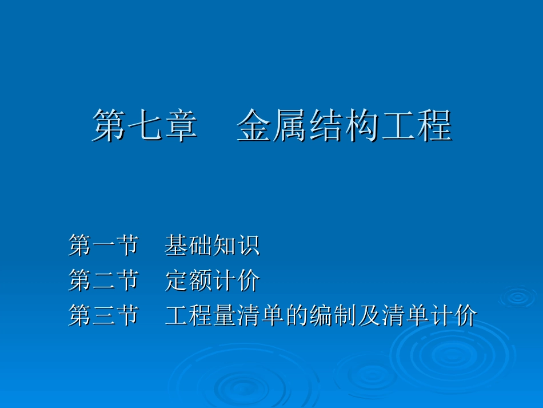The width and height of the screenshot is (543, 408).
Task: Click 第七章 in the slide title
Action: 145,126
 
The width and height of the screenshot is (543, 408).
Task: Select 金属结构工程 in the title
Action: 344,126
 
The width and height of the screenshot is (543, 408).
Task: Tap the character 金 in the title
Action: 254,126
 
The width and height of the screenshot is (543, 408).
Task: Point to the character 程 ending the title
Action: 434,126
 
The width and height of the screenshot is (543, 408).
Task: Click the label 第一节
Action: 103,246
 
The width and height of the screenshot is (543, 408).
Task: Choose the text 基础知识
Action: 212,246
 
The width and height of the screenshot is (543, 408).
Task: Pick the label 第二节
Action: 103,281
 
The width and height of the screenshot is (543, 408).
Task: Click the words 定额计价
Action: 212,281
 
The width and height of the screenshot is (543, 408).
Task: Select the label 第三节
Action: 103,316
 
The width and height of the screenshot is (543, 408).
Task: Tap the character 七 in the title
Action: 145,126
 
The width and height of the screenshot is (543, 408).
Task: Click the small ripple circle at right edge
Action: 517,296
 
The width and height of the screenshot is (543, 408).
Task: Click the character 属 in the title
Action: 290,126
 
